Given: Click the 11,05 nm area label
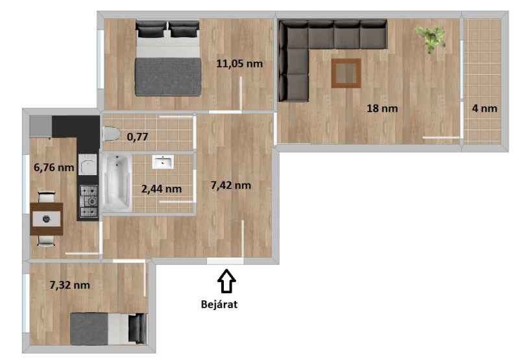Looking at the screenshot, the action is click(x=239, y=64).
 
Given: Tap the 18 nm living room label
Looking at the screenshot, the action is click(x=382, y=108).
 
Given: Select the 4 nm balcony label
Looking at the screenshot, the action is click(x=485, y=108).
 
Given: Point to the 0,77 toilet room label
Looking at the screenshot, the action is click(x=138, y=137).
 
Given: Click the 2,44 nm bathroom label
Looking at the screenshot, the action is click(x=162, y=189).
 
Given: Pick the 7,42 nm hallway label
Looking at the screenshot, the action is click(x=231, y=186).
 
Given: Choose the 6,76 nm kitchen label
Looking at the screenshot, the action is click(x=54, y=167).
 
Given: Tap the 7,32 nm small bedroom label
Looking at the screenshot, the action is click(x=69, y=285).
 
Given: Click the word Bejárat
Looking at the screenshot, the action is click(x=219, y=304).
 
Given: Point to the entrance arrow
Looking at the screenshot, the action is click(x=226, y=281).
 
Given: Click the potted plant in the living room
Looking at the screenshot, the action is click(x=430, y=39).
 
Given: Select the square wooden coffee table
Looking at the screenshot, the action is click(x=346, y=73).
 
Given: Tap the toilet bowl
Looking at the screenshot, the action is click(x=111, y=134).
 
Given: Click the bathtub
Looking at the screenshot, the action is click(x=117, y=183).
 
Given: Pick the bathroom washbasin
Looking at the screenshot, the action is click(x=163, y=162).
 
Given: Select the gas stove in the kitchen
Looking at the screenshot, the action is click(x=89, y=201).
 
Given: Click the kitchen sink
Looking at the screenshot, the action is click(x=88, y=165).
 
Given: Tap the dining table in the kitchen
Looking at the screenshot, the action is click(x=46, y=219).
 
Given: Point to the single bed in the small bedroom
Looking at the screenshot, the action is click(x=108, y=329).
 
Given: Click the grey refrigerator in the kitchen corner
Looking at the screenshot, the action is click(x=41, y=126).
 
